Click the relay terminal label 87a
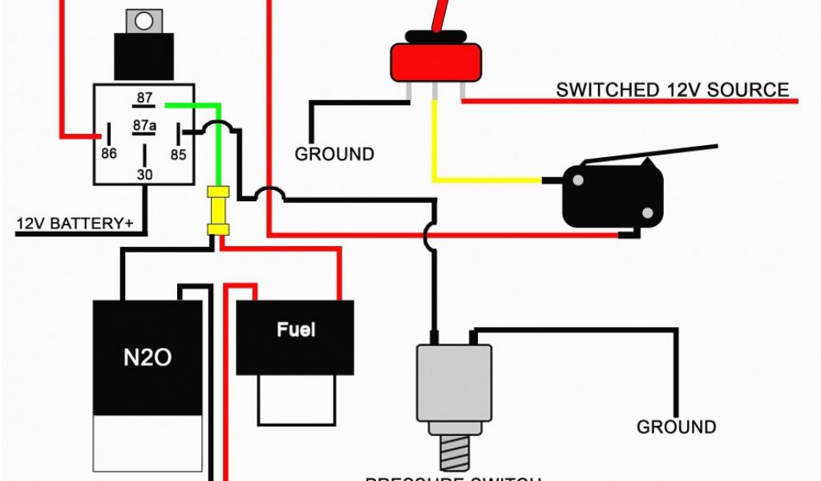point(144,125)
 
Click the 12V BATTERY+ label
point(75,223)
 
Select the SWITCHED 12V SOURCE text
point(672,90)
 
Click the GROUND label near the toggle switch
point(334,154)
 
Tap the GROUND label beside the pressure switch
point(676,427)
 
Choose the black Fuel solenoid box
point(296,337)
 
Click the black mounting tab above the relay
point(144,56)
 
